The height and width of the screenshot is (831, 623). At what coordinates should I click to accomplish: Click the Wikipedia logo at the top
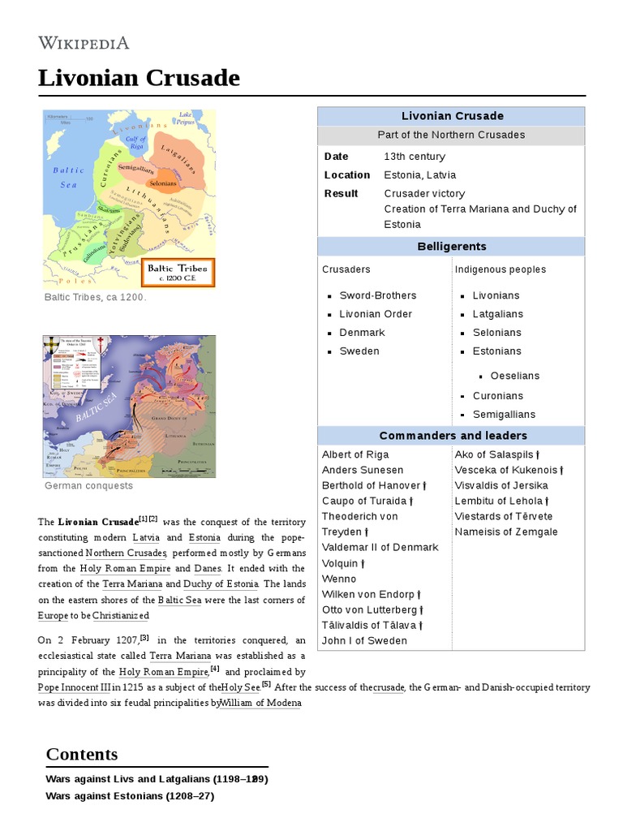coord(84,43)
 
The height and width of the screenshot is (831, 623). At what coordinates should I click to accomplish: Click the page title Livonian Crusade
coord(139,78)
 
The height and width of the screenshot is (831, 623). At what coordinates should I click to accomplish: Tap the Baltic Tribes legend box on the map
coord(178,272)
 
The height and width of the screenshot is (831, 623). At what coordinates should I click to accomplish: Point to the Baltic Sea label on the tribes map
coord(68,177)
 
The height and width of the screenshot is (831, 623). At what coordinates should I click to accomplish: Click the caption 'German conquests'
coord(89,486)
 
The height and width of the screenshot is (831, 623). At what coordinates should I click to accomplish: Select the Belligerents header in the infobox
coord(450,247)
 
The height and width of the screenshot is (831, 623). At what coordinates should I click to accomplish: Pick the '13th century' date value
coord(415,157)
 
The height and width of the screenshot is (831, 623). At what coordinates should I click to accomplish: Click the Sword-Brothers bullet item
coord(377,295)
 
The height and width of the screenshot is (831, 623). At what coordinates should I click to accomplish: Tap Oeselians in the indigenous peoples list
coord(514,376)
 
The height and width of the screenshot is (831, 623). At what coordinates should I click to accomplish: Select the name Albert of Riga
coord(355,454)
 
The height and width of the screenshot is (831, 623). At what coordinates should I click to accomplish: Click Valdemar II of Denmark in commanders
coord(380,547)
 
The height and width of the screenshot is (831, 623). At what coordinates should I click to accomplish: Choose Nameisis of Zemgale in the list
coord(506,532)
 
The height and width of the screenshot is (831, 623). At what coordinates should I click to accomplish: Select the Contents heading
coord(82,754)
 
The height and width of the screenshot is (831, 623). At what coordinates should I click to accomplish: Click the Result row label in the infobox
coord(341,194)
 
